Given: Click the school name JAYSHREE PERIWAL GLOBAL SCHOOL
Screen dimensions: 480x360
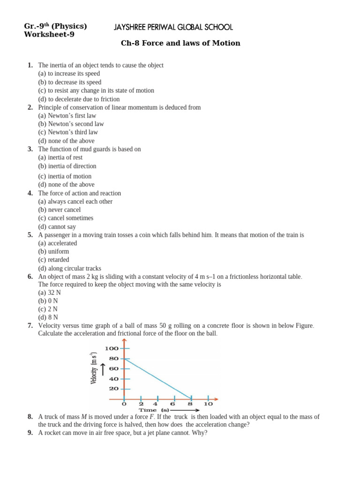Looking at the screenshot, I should click(x=173, y=28).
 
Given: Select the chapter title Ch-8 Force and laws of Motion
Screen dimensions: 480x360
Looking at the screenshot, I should click(x=180, y=43).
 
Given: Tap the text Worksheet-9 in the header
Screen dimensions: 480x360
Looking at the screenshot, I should click(x=49, y=34).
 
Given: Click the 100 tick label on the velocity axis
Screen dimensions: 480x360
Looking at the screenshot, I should click(x=112, y=348).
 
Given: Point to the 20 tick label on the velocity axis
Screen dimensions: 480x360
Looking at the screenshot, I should click(x=113, y=389).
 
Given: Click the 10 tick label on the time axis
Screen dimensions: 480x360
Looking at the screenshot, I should click(x=208, y=404).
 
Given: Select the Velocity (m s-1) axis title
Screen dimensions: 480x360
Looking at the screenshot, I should click(x=94, y=368).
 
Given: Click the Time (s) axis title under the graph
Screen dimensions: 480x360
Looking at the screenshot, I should click(x=153, y=410).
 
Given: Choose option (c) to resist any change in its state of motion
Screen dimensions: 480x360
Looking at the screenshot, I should click(x=96, y=90).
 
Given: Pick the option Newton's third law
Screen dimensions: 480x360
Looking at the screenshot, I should click(x=68, y=132).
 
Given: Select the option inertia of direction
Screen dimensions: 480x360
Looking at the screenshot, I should click(x=67, y=166).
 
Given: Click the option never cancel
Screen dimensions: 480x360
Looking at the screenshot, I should click(x=59, y=210).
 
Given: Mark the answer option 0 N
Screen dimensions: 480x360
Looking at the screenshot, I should click(x=48, y=300).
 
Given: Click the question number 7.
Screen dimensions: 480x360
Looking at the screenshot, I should click(x=30, y=325).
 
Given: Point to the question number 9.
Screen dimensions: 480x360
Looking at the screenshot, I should click(x=30, y=433).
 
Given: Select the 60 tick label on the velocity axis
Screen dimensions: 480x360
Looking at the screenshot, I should click(x=113, y=368).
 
